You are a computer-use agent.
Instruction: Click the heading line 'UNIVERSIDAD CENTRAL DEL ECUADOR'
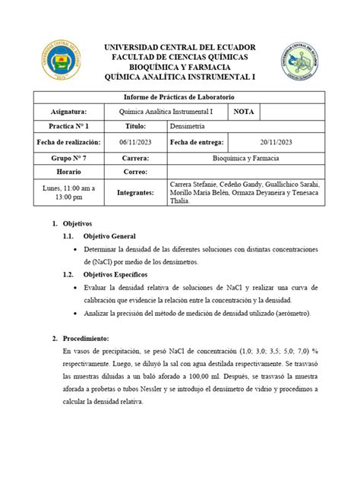point(180,46)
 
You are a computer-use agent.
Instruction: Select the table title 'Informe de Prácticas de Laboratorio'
point(179,97)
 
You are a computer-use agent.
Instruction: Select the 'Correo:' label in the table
point(134,172)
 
